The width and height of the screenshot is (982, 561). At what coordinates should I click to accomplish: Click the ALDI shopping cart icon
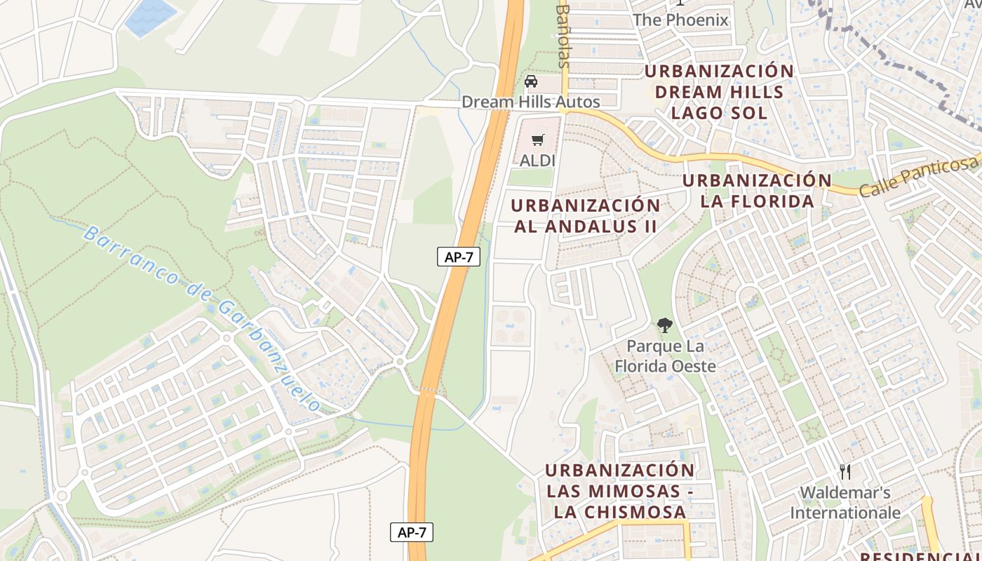click(538, 140)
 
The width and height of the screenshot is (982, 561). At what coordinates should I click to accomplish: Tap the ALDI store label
click(538, 161)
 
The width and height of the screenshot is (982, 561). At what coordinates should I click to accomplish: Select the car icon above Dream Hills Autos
click(531, 81)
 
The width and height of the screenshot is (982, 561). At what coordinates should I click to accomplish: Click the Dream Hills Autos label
click(531, 102)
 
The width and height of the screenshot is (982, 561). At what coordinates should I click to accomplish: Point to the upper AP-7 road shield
click(459, 257)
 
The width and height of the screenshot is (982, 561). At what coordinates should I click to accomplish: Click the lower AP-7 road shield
click(412, 532)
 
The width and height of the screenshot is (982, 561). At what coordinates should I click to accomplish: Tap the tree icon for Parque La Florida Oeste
click(664, 325)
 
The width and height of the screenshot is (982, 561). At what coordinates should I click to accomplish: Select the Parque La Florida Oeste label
click(665, 356)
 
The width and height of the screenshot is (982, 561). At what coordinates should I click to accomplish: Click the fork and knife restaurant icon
click(845, 471)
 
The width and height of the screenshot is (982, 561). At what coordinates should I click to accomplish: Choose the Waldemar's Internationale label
click(845, 503)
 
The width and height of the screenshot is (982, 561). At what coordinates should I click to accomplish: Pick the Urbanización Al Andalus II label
click(586, 216)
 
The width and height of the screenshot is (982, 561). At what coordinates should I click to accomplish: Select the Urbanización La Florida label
click(758, 191)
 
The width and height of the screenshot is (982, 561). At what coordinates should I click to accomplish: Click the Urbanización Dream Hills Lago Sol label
click(720, 92)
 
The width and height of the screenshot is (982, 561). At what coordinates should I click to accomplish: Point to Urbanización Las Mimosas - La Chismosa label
click(620, 491)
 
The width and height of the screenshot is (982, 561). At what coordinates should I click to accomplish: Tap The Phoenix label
click(680, 20)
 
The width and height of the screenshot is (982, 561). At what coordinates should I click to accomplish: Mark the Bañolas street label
click(563, 35)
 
